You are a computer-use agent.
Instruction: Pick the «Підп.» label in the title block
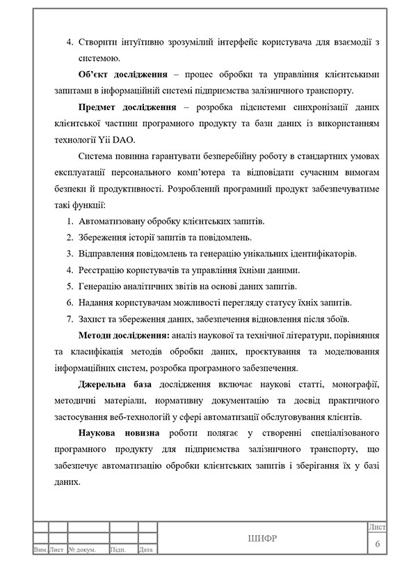point(118,550)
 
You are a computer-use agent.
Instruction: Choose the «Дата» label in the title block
point(145,550)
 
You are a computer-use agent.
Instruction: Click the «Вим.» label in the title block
point(40,550)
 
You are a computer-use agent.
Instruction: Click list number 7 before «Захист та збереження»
point(70,319)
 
